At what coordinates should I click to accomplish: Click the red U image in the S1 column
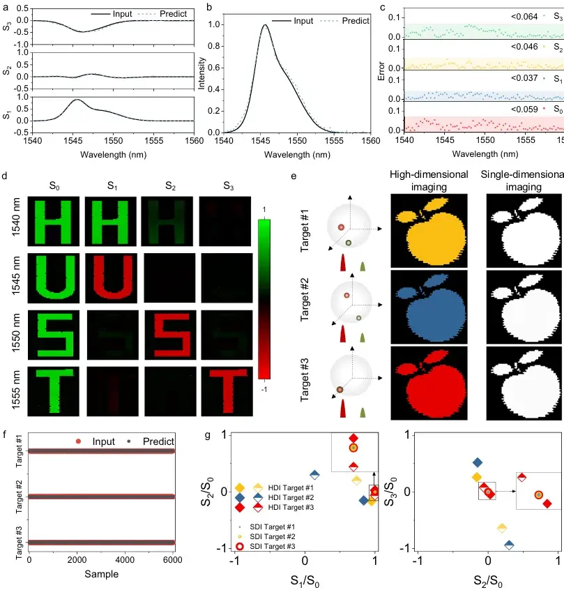coord(111,278)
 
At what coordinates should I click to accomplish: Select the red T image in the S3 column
coord(227,391)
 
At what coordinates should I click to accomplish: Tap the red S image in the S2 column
coord(170,335)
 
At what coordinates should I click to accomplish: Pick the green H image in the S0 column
coord(54,221)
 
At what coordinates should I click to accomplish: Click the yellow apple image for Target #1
coord(429,231)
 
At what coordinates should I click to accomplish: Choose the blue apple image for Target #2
coord(429,307)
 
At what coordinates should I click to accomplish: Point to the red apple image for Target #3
coord(429,383)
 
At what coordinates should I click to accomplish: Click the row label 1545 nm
coord(16,275)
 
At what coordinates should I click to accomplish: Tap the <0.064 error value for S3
coord(524,17)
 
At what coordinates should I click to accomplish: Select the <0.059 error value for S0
coord(524,109)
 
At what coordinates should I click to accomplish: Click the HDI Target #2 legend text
coord(291,497)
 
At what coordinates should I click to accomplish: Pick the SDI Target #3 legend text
coord(273,546)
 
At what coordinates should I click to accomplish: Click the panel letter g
coord(207,435)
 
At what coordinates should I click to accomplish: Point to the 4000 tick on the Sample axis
coord(125,560)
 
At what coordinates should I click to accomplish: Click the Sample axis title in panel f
coord(101,574)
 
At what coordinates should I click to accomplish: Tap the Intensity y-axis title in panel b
coord(201,73)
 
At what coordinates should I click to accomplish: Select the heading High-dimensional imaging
coord(429,181)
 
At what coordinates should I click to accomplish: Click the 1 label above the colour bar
coord(264,210)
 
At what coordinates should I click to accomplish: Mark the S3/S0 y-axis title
coord(390,492)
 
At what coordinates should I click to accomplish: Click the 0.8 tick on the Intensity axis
coord(214,46)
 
